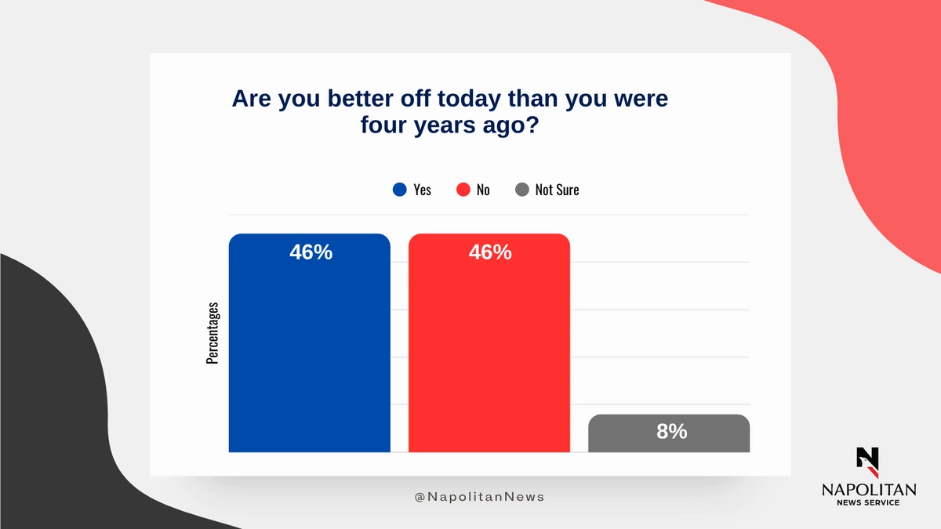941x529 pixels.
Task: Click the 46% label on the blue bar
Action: pos(311,252)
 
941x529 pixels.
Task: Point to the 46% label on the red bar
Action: pos(490,252)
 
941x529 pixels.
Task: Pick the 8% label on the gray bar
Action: pos(671,430)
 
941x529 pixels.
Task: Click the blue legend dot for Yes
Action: pos(400,190)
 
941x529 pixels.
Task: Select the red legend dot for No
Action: pos(463,190)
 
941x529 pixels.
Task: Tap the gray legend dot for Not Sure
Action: pos(521,190)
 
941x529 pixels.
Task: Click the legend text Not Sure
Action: pos(557,190)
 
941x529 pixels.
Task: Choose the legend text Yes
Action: pos(422,190)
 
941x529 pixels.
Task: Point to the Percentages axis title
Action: pos(213,333)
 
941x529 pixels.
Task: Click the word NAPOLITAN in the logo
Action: pos(868,489)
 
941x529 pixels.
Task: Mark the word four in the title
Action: pos(385,125)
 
